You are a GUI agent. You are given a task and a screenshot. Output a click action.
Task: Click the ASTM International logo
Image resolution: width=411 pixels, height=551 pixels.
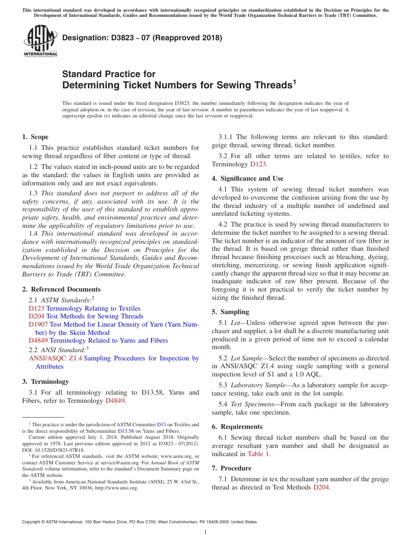click(40, 42)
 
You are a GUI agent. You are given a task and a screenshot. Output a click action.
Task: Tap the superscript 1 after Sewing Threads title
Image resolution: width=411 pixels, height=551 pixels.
click(295, 81)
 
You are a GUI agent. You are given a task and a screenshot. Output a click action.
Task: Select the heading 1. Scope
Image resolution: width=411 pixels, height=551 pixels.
click(35, 137)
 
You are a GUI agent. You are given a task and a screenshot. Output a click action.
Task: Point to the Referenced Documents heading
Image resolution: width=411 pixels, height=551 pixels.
click(61, 289)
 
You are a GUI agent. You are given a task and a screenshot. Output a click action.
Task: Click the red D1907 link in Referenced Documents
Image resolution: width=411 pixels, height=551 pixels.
click(38, 324)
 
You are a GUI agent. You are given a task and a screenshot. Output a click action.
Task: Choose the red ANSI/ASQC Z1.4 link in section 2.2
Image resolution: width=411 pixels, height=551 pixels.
click(55, 358)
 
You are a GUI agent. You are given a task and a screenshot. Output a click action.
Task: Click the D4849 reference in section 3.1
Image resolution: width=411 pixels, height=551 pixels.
click(115, 401)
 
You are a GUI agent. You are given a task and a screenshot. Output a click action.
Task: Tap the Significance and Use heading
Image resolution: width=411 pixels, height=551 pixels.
click(247, 178)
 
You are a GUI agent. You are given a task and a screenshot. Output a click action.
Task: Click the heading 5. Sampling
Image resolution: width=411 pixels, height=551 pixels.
click(230, 312)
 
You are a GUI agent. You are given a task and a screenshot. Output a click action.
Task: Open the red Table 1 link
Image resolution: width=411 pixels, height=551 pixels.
click(258, 454)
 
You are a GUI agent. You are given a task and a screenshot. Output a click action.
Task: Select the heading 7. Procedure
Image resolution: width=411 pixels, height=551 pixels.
click(231, 468)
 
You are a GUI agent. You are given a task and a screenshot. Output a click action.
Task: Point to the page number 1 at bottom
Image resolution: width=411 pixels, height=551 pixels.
click(205, 532)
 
